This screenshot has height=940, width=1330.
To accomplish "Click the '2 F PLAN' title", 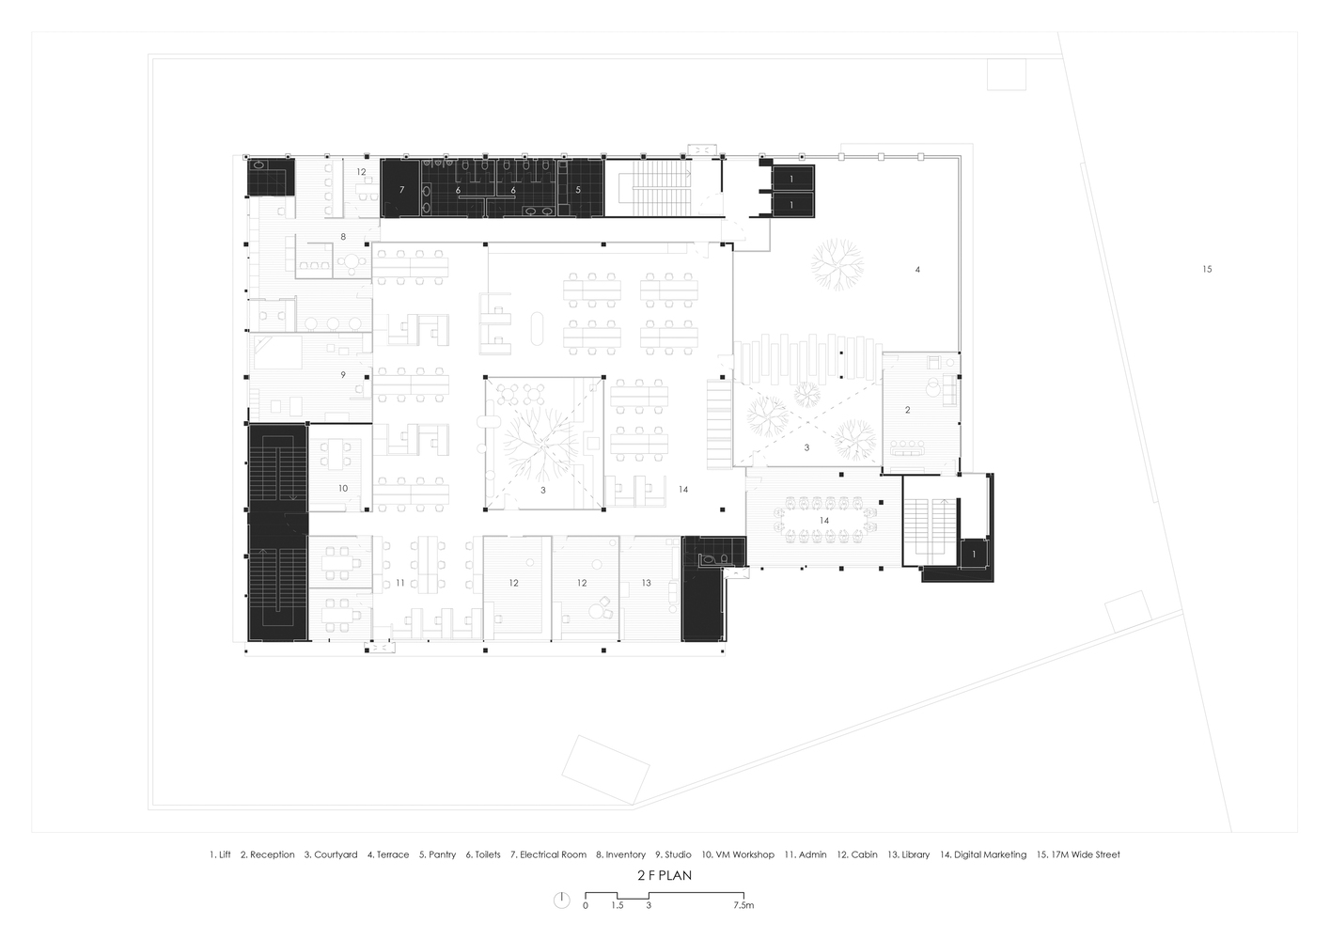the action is click(665, 875).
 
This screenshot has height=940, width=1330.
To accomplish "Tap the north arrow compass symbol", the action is click(562, 901).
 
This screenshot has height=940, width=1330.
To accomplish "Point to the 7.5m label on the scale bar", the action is click(743, 905).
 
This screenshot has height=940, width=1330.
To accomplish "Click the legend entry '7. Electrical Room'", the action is click(548, 854).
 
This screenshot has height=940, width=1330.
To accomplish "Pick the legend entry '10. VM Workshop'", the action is click(738, 854).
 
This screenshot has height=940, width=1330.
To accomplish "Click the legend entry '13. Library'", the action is click(908, 854).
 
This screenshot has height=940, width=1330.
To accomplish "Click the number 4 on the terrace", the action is click(917, 270).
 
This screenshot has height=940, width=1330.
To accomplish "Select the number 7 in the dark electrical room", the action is click(402, 190).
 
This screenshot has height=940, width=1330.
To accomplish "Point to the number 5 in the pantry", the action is click(578, 190).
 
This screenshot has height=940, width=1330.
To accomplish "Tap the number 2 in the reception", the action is click(907, 410).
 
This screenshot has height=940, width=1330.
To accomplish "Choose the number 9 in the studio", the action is click(343, 375).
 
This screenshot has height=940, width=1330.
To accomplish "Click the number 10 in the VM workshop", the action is click(343, 488).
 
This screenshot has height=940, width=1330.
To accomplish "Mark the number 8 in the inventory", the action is click(343, 236).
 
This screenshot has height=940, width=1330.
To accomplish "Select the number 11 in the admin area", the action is click(400, 583).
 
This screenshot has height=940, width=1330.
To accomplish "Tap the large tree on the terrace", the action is click(837, 264).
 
